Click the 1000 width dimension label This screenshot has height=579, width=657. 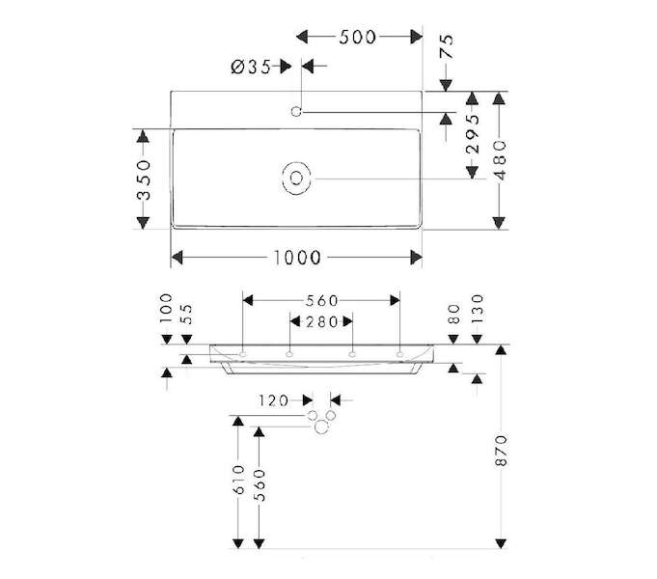click(296, 258)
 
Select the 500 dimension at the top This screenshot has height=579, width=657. click(357, 38)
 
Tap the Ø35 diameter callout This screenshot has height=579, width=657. click(251, 67)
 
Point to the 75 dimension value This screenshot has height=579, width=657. click(447, 46)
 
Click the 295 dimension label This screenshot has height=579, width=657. click(472, 134)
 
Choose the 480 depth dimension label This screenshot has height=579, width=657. click(500, 160)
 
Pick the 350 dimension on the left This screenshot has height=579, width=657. click(144, 179)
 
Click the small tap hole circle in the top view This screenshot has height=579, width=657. click(296, 112)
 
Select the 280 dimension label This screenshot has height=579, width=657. click(322, 322)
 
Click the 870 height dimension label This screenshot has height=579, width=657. click(501, 451)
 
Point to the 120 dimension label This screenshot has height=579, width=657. click(273, 400)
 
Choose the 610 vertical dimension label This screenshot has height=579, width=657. click(238, 479)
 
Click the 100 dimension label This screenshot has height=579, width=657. click(166, 308)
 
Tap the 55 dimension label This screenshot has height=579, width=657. click(187, 314)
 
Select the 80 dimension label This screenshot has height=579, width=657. click(453, 314)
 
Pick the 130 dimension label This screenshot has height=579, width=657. click(478, 308)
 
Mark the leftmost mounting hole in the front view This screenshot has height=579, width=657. click(242, 355)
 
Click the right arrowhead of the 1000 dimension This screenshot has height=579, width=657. click(416, 258)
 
